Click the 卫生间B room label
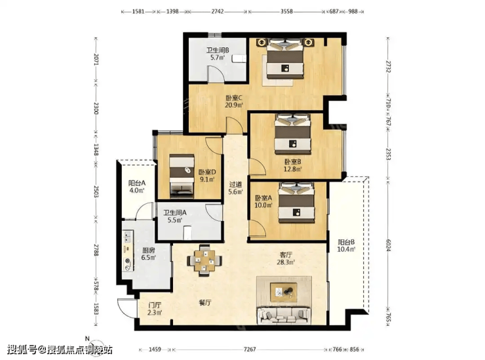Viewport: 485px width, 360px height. point(218,50)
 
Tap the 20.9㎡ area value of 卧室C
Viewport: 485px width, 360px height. point(234,105)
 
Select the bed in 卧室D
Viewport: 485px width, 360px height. point(182,176)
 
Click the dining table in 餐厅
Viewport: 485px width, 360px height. point(204,260)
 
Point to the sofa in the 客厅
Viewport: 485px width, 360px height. point(284,315)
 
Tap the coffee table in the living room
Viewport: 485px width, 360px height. point(284,292)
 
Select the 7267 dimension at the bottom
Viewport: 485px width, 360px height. point(250,350)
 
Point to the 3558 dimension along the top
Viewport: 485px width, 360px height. point(286,11)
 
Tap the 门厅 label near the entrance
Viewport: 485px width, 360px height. point(155,305)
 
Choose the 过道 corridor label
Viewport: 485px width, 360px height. point(235,185)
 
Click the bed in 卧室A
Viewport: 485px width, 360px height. point(296,203)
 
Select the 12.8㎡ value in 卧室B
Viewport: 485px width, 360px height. point(292,169)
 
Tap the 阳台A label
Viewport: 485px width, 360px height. point(137,183)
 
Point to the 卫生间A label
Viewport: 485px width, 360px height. point(175,213)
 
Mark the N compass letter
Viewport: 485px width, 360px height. point(87,338)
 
